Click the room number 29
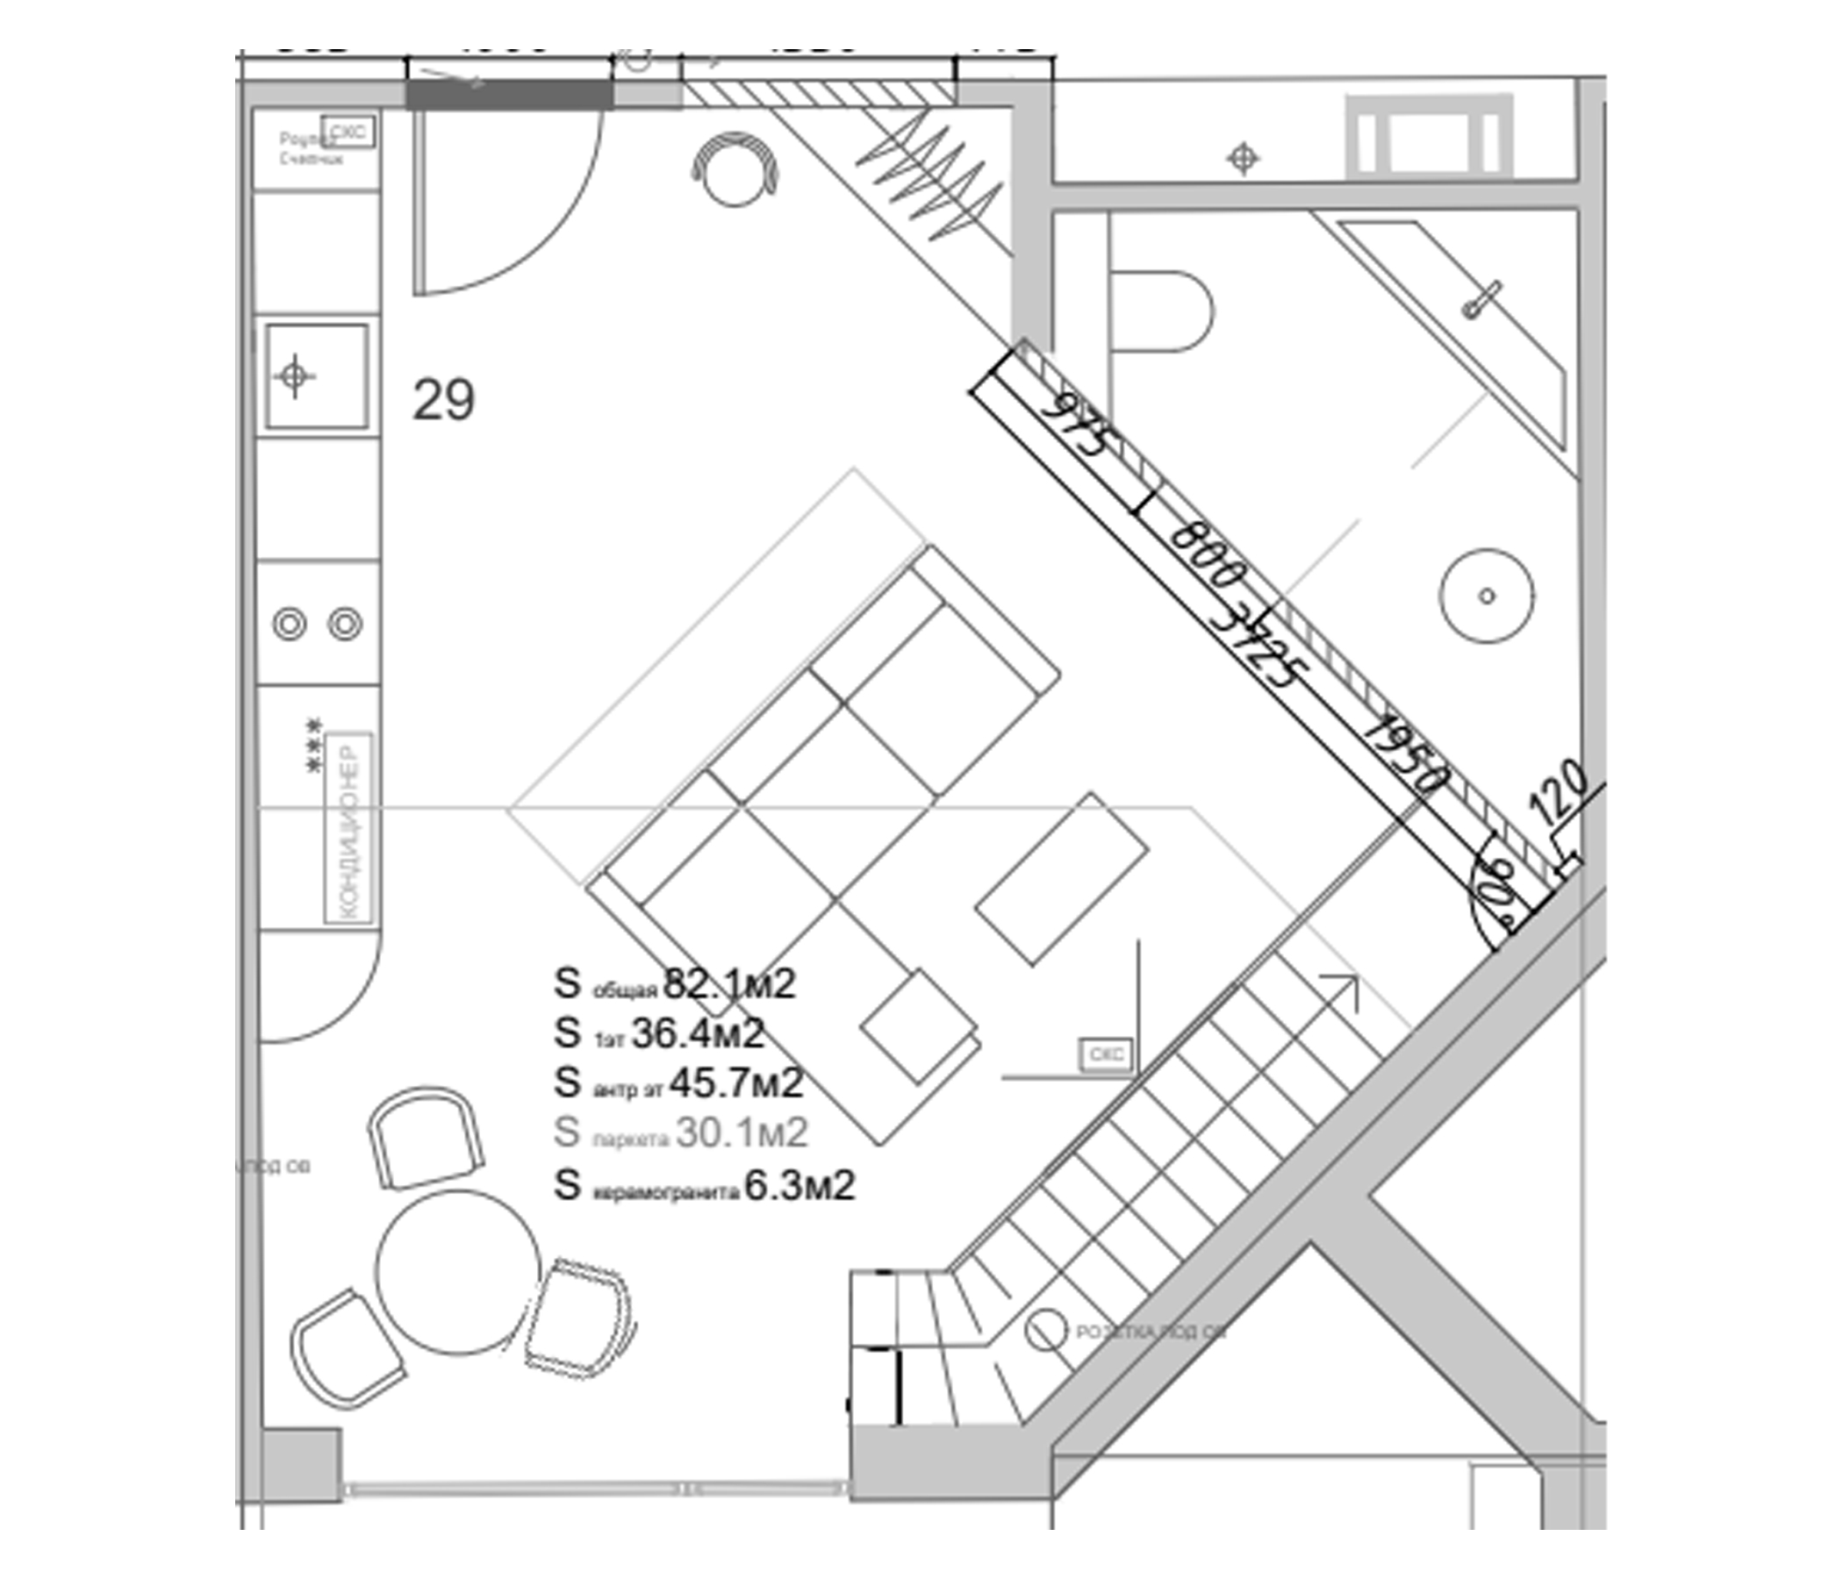(443, 400)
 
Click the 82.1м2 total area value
(729, 984)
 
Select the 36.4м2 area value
(698, 1033)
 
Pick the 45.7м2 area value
(735, 1082)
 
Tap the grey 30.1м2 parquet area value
(741, 1132)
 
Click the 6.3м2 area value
(799, 1186)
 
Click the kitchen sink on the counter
(317, 376)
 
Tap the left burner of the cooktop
(289, 623)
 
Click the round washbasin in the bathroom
(1487, 596)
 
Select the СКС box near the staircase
(1106, 1054)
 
